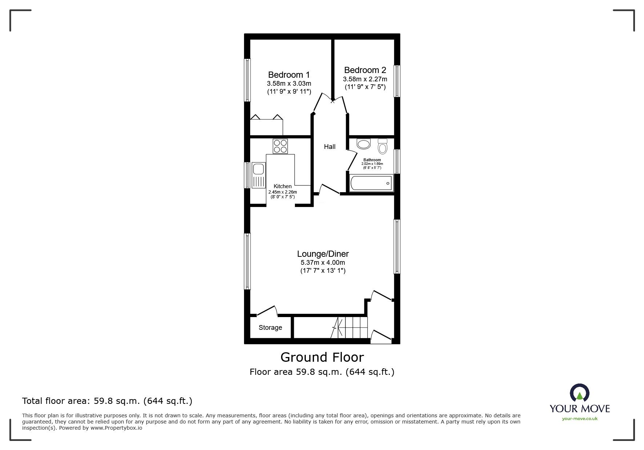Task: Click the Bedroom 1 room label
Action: pos(289,75)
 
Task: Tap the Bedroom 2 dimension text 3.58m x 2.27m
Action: pos(365,79)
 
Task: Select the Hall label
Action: pos(329,147)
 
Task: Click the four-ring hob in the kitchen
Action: pos(280,146)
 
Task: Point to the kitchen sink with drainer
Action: pos(259,175)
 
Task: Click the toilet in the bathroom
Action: pos(383,146)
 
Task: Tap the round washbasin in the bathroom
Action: pos(364,144)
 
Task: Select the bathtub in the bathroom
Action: pos(371,183)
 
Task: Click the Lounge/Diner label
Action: pos(323,254)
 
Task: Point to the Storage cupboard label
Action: pos(270,328)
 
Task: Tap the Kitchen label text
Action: pos(283,186)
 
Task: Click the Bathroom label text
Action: pos(372,160)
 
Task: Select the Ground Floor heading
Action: pos(322,357)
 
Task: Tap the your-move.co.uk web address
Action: pos(580,419)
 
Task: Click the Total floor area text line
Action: pos(107,401)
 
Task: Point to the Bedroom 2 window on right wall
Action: pos(397,81)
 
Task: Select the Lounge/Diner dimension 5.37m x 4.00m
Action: pos(323,263)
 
